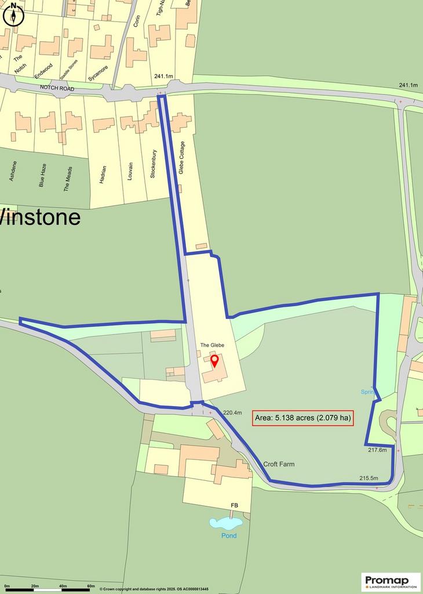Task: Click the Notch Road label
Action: point(58,88)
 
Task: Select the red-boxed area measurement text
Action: point(303,417)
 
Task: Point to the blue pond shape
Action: point(225,523)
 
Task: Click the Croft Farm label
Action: point(279,464)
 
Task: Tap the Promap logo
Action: point(391,581)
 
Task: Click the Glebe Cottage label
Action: point(181,158)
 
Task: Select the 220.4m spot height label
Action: point(232,412)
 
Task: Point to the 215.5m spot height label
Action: point(369,478)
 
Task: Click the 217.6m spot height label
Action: point(377,450)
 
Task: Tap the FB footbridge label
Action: point(235,506)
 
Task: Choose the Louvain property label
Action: point(130,171)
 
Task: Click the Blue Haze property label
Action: point(42,174)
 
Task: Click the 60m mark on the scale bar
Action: point(90,586)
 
